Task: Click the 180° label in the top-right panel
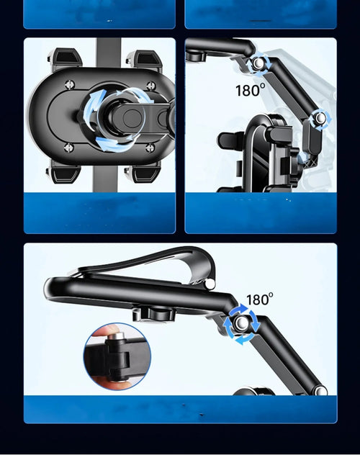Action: pos(251,90)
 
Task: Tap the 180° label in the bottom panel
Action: pos(260,299)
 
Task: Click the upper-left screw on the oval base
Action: pos(70,85)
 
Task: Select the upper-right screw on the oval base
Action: pos(151,86)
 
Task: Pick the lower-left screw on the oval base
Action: pos(68,147)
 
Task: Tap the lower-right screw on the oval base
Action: pos(150,148)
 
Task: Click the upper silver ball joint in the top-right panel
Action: pos(258,63)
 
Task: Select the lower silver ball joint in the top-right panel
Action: pos(320,118)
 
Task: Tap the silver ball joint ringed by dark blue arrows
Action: pos(241,323)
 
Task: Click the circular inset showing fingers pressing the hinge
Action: pos(117,356)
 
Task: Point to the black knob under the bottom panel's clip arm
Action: pos(154,315)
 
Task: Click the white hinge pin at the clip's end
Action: pos(210,284)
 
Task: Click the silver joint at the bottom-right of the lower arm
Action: pos(320,390)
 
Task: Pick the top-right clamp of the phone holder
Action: pos(144,60)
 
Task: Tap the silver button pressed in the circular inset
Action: pos(117,337)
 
